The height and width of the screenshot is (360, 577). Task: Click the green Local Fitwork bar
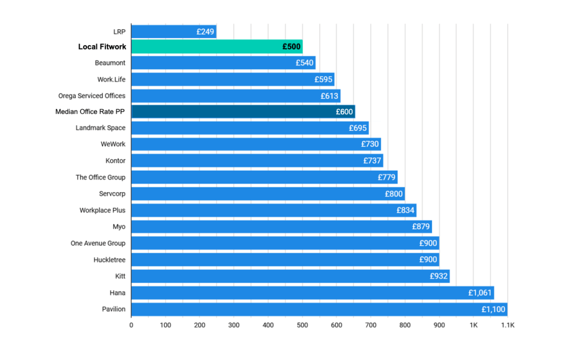click(217, 47)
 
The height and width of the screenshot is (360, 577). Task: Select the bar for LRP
click(174, 32)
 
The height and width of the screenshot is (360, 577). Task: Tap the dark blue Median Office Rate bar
click(243, 112)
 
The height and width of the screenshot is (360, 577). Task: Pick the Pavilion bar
click(319, 309)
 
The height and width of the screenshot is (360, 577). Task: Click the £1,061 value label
click(480, 293)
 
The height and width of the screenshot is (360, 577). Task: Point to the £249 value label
click(205, 32)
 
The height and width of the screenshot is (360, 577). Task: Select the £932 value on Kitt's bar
click(438, 276)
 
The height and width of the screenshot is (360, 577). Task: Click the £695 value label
click(358, 128)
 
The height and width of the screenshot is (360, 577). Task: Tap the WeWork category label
click(113, 144)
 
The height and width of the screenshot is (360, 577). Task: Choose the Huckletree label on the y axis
click(109, 260)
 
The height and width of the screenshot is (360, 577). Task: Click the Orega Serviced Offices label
click(92, 96)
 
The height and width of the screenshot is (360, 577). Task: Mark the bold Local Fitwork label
click(102, 47)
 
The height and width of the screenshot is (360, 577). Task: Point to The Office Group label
click(100, 177)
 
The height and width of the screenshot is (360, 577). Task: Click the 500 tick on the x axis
click(302, 325)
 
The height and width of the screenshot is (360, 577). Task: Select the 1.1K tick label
click(508, 325)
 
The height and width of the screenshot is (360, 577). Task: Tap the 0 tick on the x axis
click(131, 325)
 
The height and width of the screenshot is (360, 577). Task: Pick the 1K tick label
click(473, 325)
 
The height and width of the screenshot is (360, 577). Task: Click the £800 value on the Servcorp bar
click(394, 194)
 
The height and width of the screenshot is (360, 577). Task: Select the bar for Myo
click(281, 226)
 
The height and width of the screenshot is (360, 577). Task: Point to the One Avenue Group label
click(97, 243)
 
